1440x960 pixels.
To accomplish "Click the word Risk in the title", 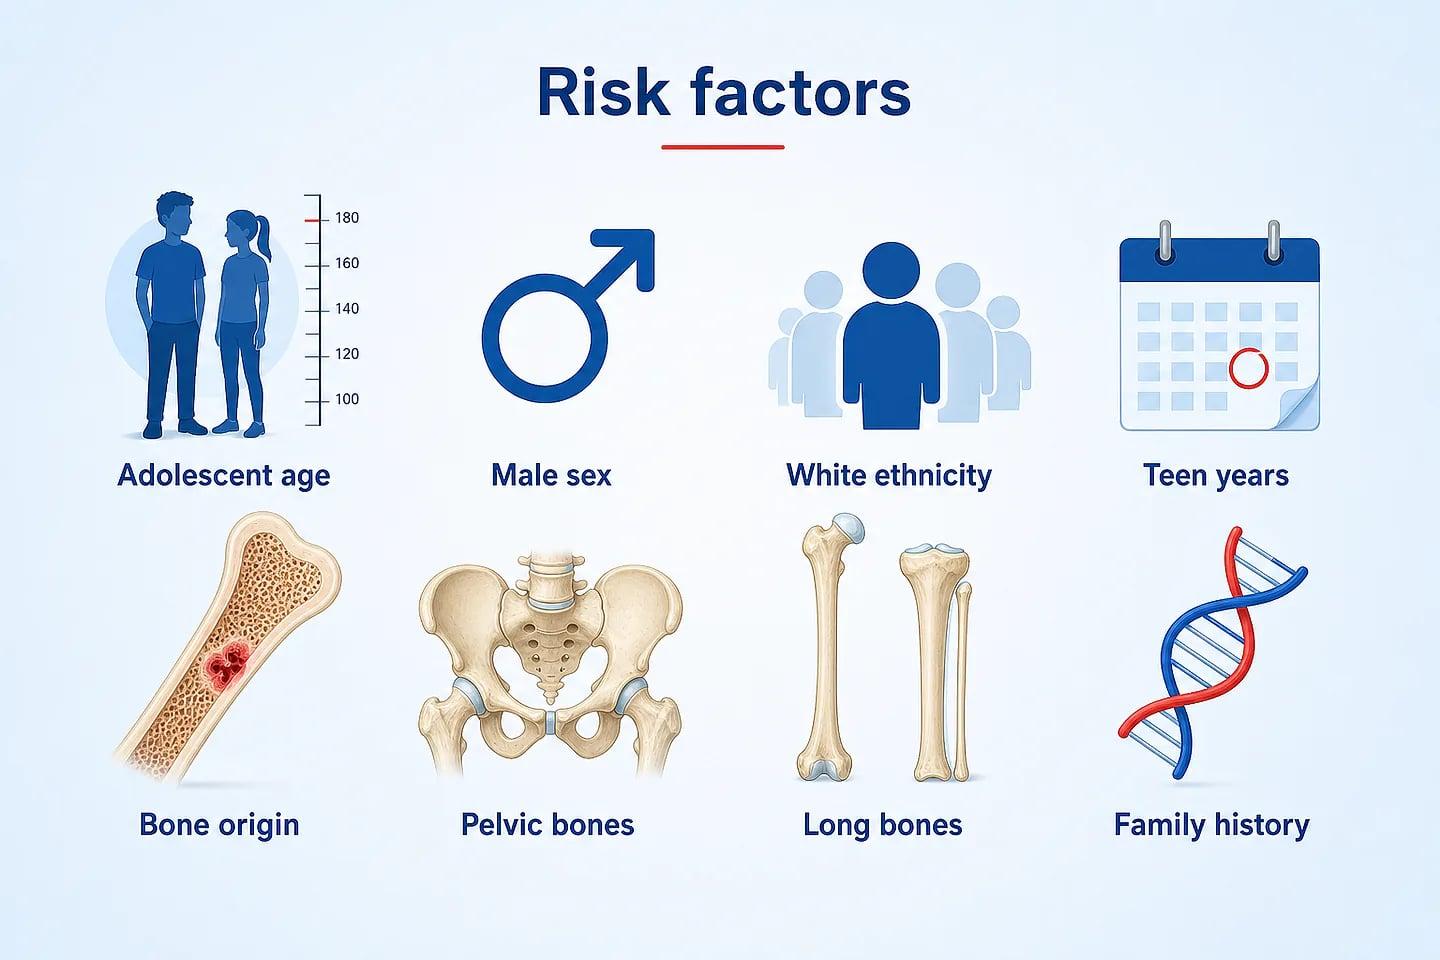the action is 603,93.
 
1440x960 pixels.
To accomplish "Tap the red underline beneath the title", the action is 723,147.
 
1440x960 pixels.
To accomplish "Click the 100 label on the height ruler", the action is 347,399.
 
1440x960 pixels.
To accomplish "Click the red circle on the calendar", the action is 1248,368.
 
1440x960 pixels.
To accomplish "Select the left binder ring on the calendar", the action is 1165,241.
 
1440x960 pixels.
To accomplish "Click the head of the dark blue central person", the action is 891,270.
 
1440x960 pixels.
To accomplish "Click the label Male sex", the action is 551,475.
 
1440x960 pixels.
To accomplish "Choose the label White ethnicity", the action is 888,476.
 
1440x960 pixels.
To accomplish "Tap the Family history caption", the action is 1211,825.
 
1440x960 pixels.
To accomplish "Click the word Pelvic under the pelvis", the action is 500,825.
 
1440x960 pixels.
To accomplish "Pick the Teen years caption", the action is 1216,476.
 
